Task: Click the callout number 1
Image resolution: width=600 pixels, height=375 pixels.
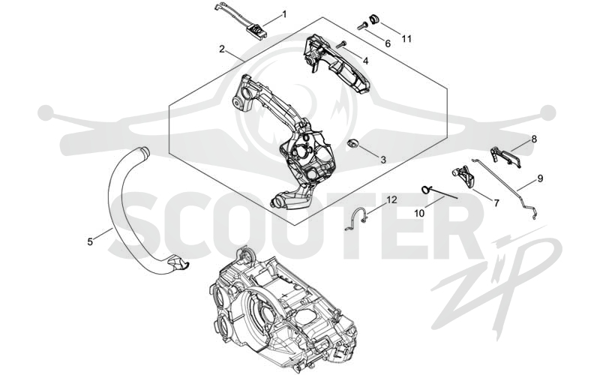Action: [x=284, y=14]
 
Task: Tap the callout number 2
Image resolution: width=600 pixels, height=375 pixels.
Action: [x=222, y=49]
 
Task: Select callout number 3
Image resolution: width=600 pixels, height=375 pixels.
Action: [x=383, y=160]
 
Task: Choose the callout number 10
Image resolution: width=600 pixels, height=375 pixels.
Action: [x=419, y=213]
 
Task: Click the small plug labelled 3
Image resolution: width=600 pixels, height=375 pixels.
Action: [x=352, y=143]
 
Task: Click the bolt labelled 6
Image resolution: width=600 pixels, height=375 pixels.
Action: [x=362, y=26]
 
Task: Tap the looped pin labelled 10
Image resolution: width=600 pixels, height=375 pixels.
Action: [x=440, y=193]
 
